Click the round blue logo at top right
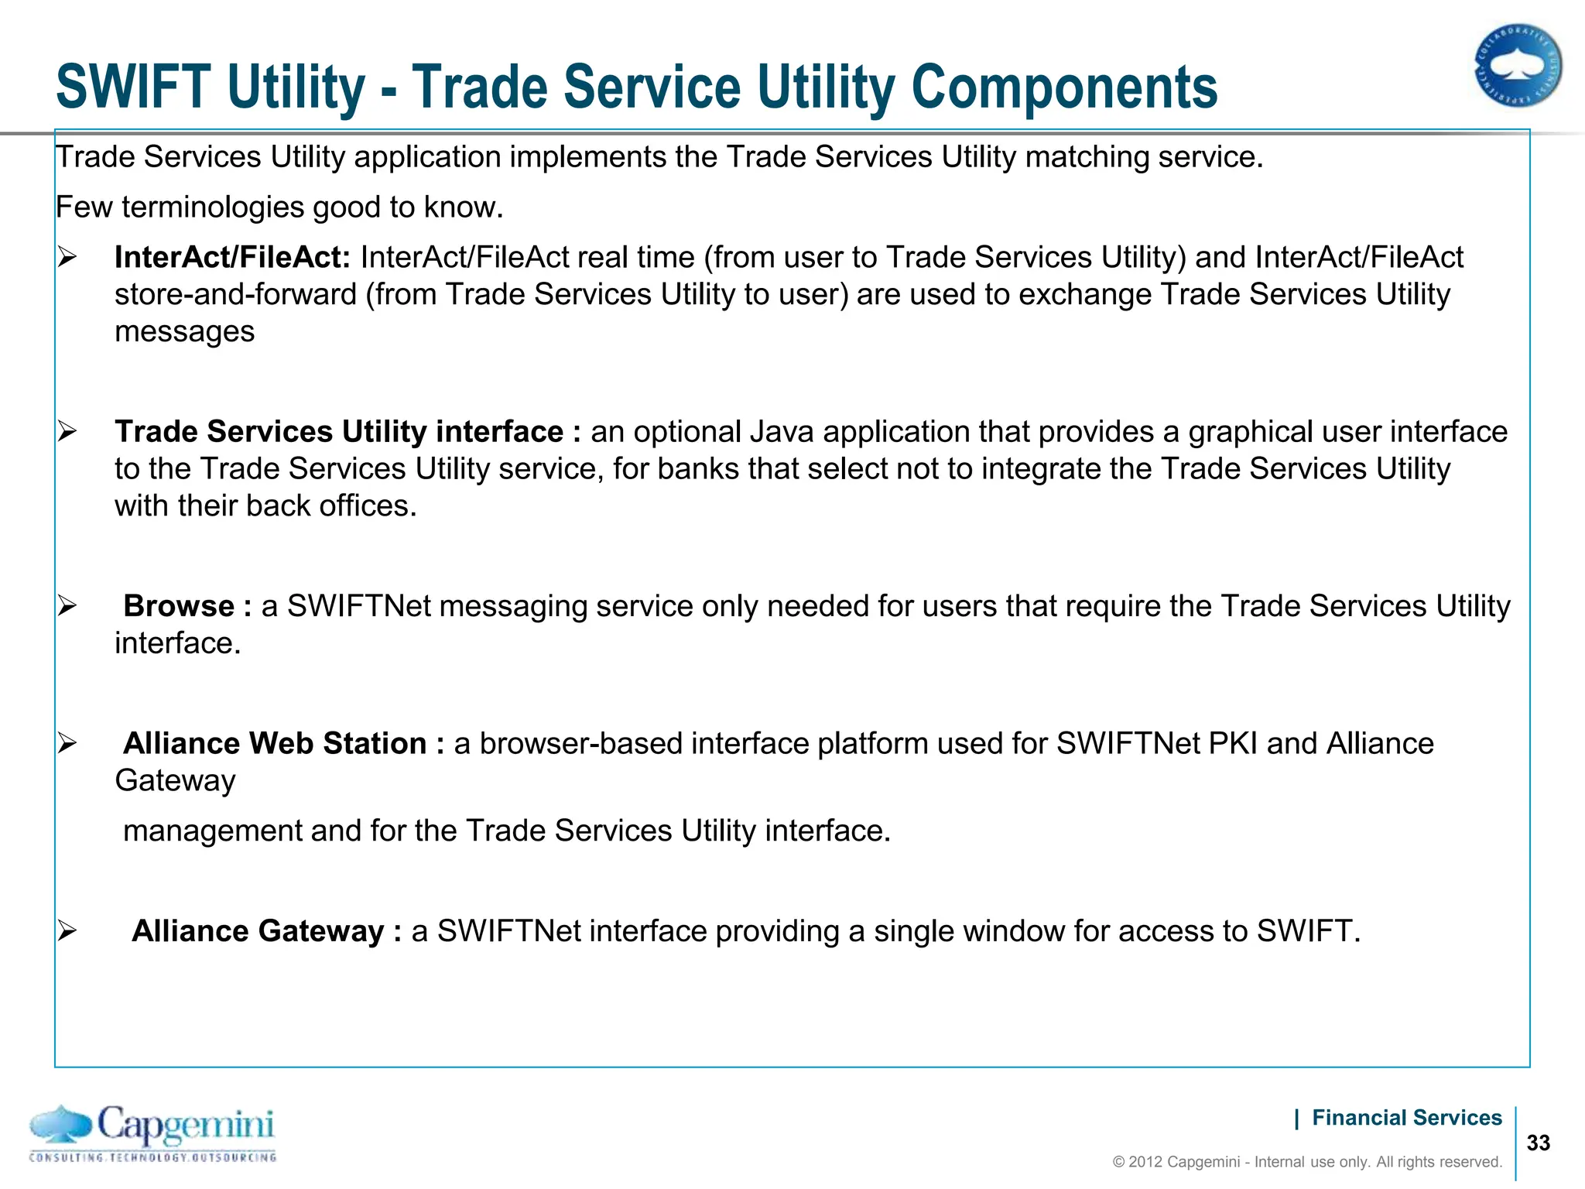tap(1517, 66)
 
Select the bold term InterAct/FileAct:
tap(233, 258)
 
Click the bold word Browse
tap(179, 606)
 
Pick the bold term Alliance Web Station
tap(275, 743)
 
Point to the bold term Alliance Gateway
tap(258, 931)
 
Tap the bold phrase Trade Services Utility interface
tap(339, 432)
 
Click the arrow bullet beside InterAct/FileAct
tap(67, 258)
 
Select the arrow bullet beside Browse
tap(67, 606)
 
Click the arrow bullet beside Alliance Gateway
tap(67, 931)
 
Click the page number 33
tap(1539, 1143)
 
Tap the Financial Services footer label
tap(1406, 1118)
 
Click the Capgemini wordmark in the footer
tap(186, 1125)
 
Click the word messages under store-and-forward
tap(184, 332)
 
